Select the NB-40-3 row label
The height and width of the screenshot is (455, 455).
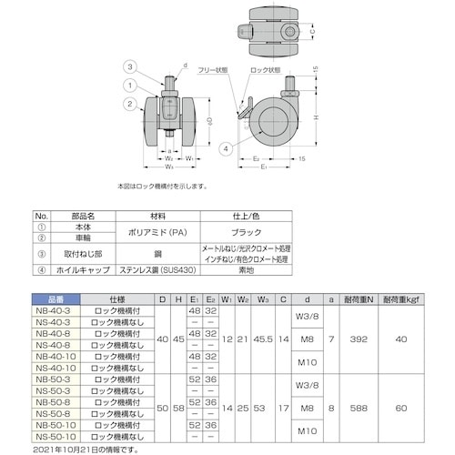click(56, 309)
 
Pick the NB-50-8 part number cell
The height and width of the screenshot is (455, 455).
click(56, 398)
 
